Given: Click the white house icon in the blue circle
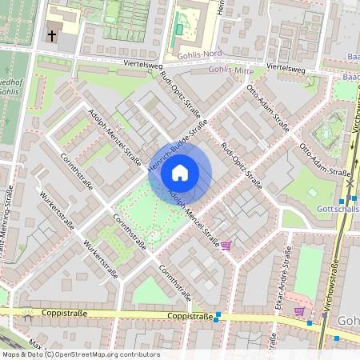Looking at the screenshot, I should [180, 173].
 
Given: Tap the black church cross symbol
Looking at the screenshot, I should [52, 36].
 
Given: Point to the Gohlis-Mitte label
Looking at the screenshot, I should [229, 70].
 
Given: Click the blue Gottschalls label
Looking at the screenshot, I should [338, 209].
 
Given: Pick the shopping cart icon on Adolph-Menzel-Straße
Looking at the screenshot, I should [226, 245].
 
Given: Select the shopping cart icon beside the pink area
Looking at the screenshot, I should [300, 310].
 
